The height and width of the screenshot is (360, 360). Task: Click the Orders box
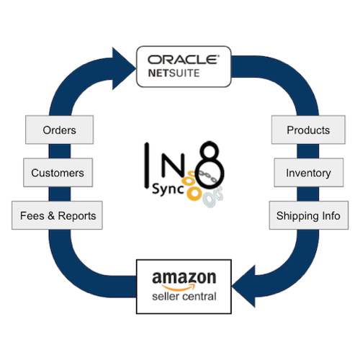click(59, 130)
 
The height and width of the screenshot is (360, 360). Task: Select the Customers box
click(58, 173)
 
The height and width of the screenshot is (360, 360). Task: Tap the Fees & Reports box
click(57, 215)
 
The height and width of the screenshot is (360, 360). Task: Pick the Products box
click(308, 130)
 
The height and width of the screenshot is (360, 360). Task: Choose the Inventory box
click(309, 173)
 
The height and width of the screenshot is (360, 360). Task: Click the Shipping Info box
click(309, 215)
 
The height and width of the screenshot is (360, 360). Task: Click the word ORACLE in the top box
click(184, 60)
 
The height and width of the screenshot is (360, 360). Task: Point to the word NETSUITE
click(174, 73)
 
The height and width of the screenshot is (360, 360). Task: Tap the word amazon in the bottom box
click(184, 278)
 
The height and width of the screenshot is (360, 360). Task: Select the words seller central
click(184, 297)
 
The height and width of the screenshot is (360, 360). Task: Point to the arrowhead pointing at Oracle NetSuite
click(124, 68)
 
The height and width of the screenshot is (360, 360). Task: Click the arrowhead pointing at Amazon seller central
click(243, 287)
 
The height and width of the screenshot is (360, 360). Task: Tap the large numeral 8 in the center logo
click(210, 164)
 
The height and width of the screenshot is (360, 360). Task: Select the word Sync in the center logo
click(168, 189)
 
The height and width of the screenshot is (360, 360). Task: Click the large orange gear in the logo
click(194, 193)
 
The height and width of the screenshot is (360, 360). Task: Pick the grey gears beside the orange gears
click(213, 197)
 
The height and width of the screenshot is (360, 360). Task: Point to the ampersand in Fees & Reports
click(51, 215)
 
